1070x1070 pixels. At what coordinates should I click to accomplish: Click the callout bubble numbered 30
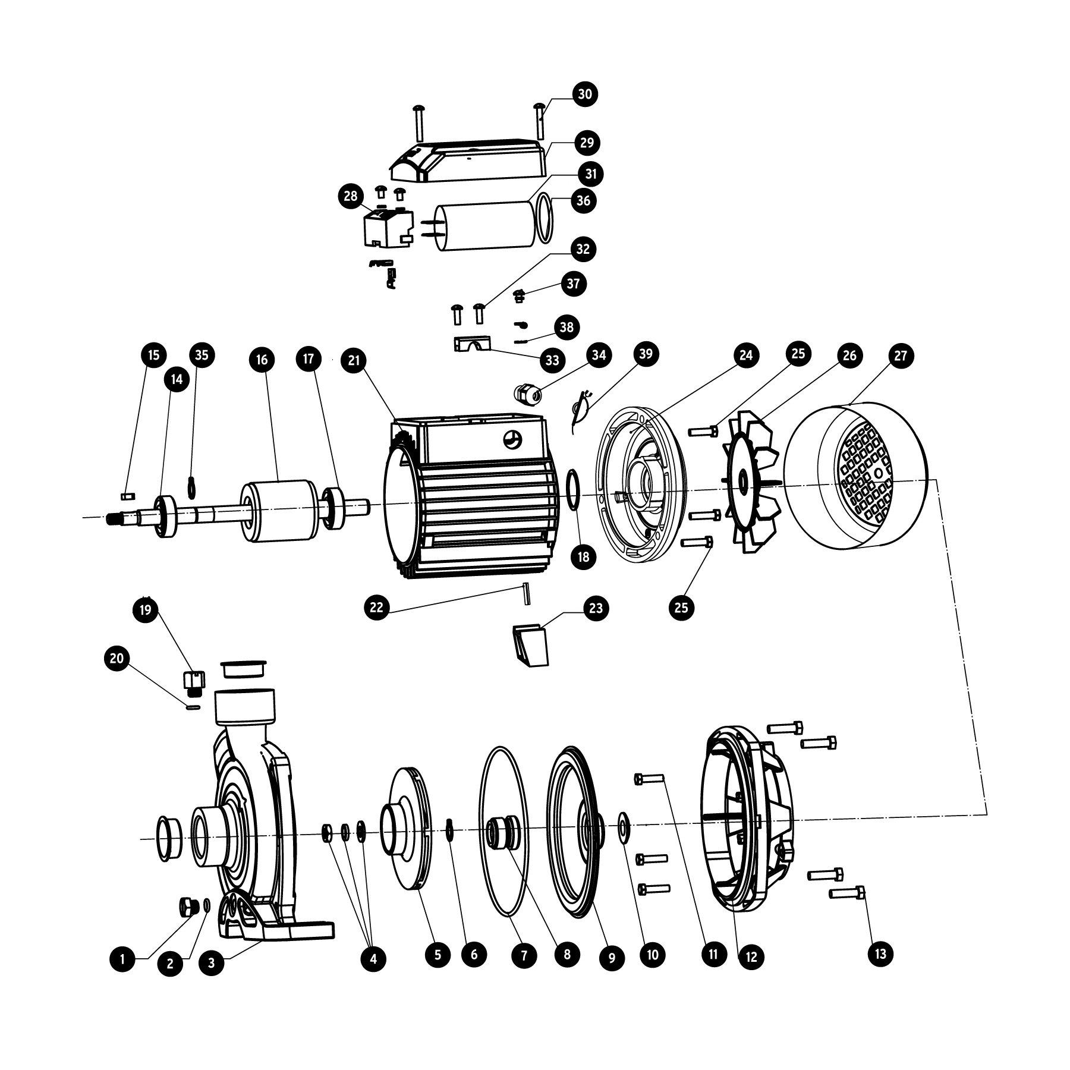tap(585, 94)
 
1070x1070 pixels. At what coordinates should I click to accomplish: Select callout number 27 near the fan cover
tap(901, 355)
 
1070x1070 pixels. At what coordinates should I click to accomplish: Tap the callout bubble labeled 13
tap(880, 953)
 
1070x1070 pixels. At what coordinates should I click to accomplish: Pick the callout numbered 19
tap(146, 609)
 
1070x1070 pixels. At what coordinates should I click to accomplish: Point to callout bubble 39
tap(646, 354)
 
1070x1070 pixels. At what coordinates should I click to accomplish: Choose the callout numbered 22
tap(377, 608)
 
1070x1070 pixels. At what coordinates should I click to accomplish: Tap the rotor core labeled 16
tap(278, 512)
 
